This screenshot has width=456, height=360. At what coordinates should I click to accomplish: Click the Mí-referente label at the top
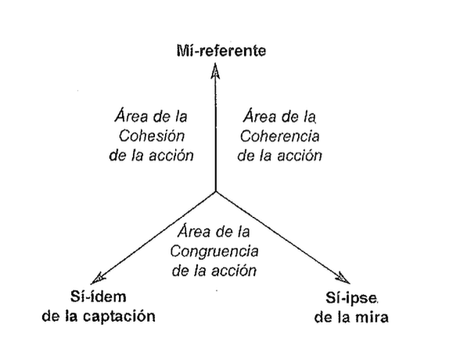coord(221,51)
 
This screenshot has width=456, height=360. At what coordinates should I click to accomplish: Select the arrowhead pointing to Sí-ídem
coord(98,279)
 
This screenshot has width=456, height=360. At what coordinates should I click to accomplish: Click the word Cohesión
coord(152,136)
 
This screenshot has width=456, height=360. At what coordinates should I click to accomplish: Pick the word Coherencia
coord(279,136)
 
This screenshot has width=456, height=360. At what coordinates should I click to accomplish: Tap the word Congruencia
coord(214,251)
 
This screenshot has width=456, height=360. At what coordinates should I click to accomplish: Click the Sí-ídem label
coord(98,297)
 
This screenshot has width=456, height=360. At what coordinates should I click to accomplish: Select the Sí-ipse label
coord(351,299)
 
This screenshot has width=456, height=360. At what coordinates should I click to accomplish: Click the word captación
coord(119,317)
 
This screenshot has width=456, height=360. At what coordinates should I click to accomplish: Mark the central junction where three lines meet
coord(216,192)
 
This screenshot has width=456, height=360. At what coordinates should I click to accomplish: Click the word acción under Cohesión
coord(171,155)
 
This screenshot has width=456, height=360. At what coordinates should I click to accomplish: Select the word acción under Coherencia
coord(300,155)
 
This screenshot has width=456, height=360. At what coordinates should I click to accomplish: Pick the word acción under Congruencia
coord(234,270)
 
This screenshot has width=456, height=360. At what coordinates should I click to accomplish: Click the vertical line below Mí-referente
coord(216,128)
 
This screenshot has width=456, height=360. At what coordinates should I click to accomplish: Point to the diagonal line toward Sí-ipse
coord(282,237)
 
